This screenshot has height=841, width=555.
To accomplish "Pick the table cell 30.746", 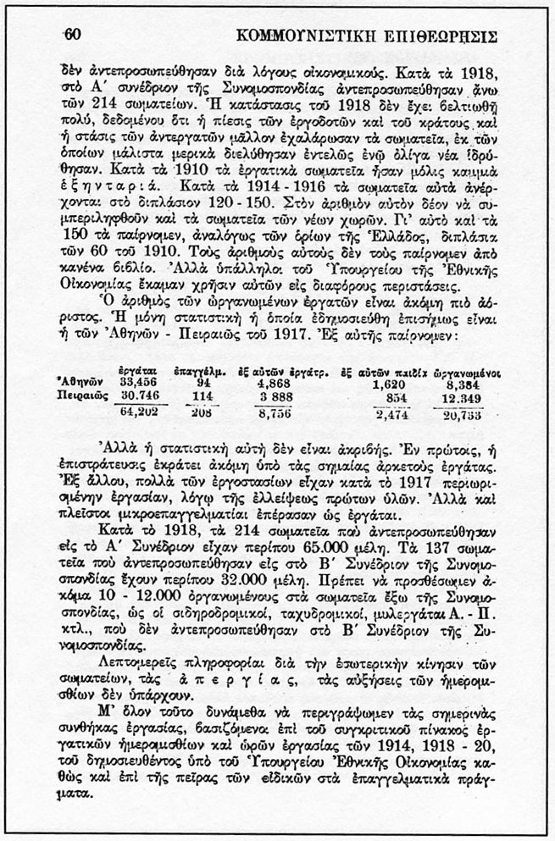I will click(x=141, y=396).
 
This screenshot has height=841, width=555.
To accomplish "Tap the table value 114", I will click(x=202, y=396).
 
